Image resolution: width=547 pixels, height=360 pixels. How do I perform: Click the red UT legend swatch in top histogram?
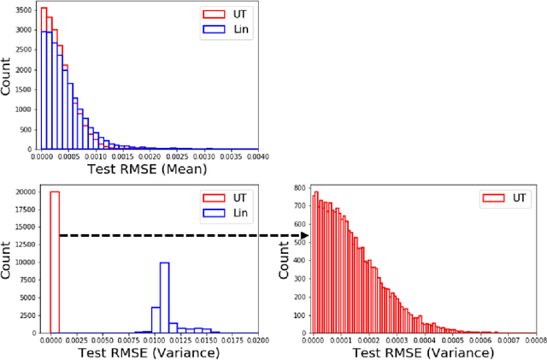(213, 15)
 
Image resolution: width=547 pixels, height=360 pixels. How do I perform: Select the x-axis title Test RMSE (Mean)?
(150, 169)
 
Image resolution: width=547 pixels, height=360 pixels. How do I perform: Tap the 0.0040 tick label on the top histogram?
(257, 157)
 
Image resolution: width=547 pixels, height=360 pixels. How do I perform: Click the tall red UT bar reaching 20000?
(55, 261)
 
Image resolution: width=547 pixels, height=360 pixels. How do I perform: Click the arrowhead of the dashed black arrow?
(305, 234)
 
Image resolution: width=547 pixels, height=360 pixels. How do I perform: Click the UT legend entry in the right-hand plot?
(504, 198)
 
